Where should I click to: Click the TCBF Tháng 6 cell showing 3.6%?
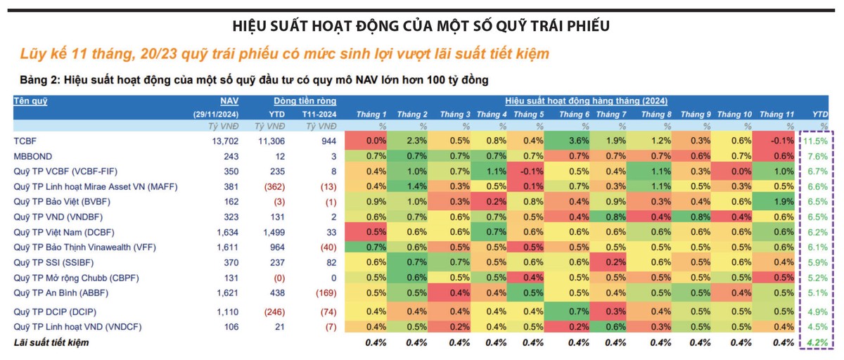pyautogui.click(x=578, y=141)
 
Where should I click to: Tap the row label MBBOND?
pyautogui.click(x=33, y=155)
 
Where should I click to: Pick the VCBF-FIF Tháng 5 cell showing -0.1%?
pyautogui.click(x=533, y=171)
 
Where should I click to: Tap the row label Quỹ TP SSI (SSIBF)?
pyautogui.click(x=54, y=262)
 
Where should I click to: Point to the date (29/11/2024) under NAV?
pyautogui.click(x=216, y=114)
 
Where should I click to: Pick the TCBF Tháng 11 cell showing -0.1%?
pyautogui.click(x=776, y=141)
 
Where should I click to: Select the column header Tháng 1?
pyautogui.click(x=371, y=114)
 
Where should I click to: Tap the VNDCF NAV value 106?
pyautogui.click(x=231, y=326)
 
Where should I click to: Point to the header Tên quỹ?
pyautogui.click(x=30, y=101)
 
